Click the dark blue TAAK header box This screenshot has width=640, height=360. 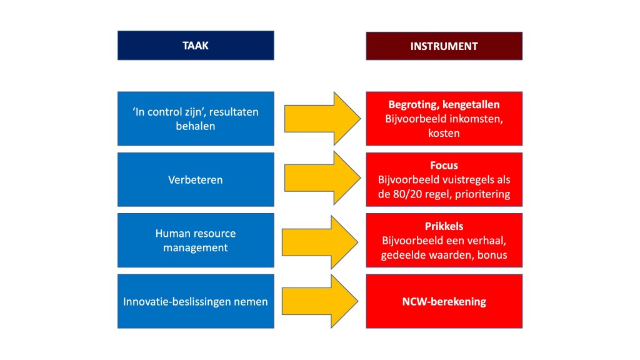(196, 46)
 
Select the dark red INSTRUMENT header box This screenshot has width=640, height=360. (444, 46)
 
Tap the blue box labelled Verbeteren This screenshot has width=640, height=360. (196, 179)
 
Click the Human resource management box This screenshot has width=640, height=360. (196, 240)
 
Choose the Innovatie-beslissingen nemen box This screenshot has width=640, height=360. (196, 301)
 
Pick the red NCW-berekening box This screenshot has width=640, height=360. (444, 301)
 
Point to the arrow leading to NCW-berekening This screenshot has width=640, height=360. (320, 301)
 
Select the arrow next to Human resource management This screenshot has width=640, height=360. (320, 241)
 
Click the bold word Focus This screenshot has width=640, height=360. (444, 166)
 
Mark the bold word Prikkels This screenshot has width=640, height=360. (444, 226)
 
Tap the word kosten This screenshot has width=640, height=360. (444, 134)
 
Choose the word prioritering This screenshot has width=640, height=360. (483, 194)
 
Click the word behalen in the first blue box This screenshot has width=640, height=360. (196, 126)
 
